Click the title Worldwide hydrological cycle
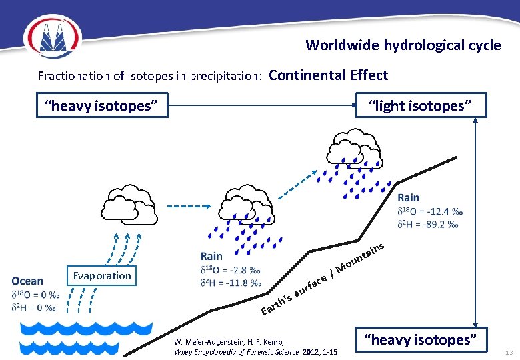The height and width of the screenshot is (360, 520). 403,45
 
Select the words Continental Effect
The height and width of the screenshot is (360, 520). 328,75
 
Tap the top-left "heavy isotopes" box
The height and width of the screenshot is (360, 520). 101,105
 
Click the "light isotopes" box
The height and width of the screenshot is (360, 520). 421,105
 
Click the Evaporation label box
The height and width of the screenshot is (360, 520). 102,276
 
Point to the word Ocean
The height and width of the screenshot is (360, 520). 27,281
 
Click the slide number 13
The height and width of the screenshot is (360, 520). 509,351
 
